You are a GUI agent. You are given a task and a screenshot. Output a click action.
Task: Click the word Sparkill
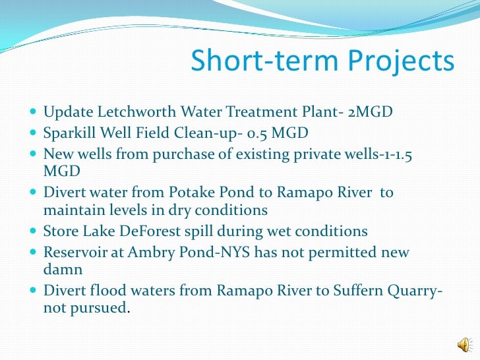(69, 135)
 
